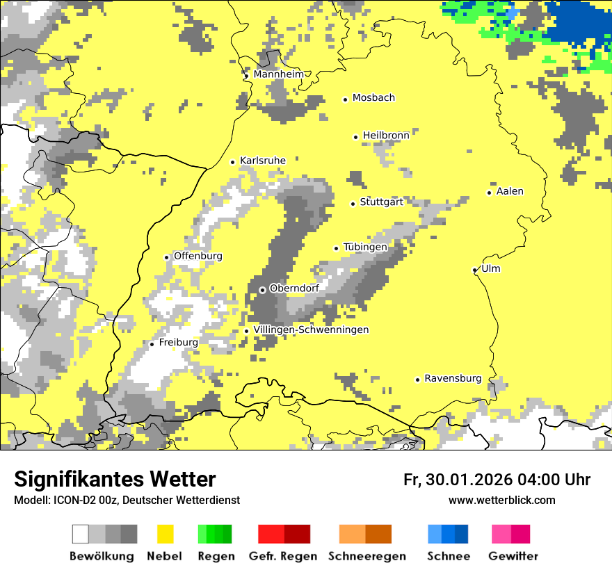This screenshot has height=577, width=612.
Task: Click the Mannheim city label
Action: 278,74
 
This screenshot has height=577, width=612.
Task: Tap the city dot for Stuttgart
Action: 353,204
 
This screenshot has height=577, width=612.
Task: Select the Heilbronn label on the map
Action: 386,136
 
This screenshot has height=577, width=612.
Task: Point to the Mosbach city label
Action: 373,98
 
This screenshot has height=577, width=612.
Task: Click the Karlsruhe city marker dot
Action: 233,162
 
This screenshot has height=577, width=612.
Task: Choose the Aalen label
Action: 510,191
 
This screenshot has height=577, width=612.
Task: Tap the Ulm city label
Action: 491,269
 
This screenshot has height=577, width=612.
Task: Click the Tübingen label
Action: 365,247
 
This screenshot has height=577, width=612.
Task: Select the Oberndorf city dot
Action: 262,290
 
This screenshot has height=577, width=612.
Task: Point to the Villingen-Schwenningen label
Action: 311,330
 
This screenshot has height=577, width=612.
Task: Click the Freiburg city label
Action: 178,343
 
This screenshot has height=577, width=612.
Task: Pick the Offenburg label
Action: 198,256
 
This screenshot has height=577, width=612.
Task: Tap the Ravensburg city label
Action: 453,379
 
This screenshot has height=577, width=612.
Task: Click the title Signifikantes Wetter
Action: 115,479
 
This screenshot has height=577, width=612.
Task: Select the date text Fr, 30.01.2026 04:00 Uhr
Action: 497,480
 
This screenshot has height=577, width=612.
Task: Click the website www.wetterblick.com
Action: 501,500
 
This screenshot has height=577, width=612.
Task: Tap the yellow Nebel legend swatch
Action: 165,534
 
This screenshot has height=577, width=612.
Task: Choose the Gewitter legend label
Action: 513,556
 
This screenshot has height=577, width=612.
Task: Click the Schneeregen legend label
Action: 367,556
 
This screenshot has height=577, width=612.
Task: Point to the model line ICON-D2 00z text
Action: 127,500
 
